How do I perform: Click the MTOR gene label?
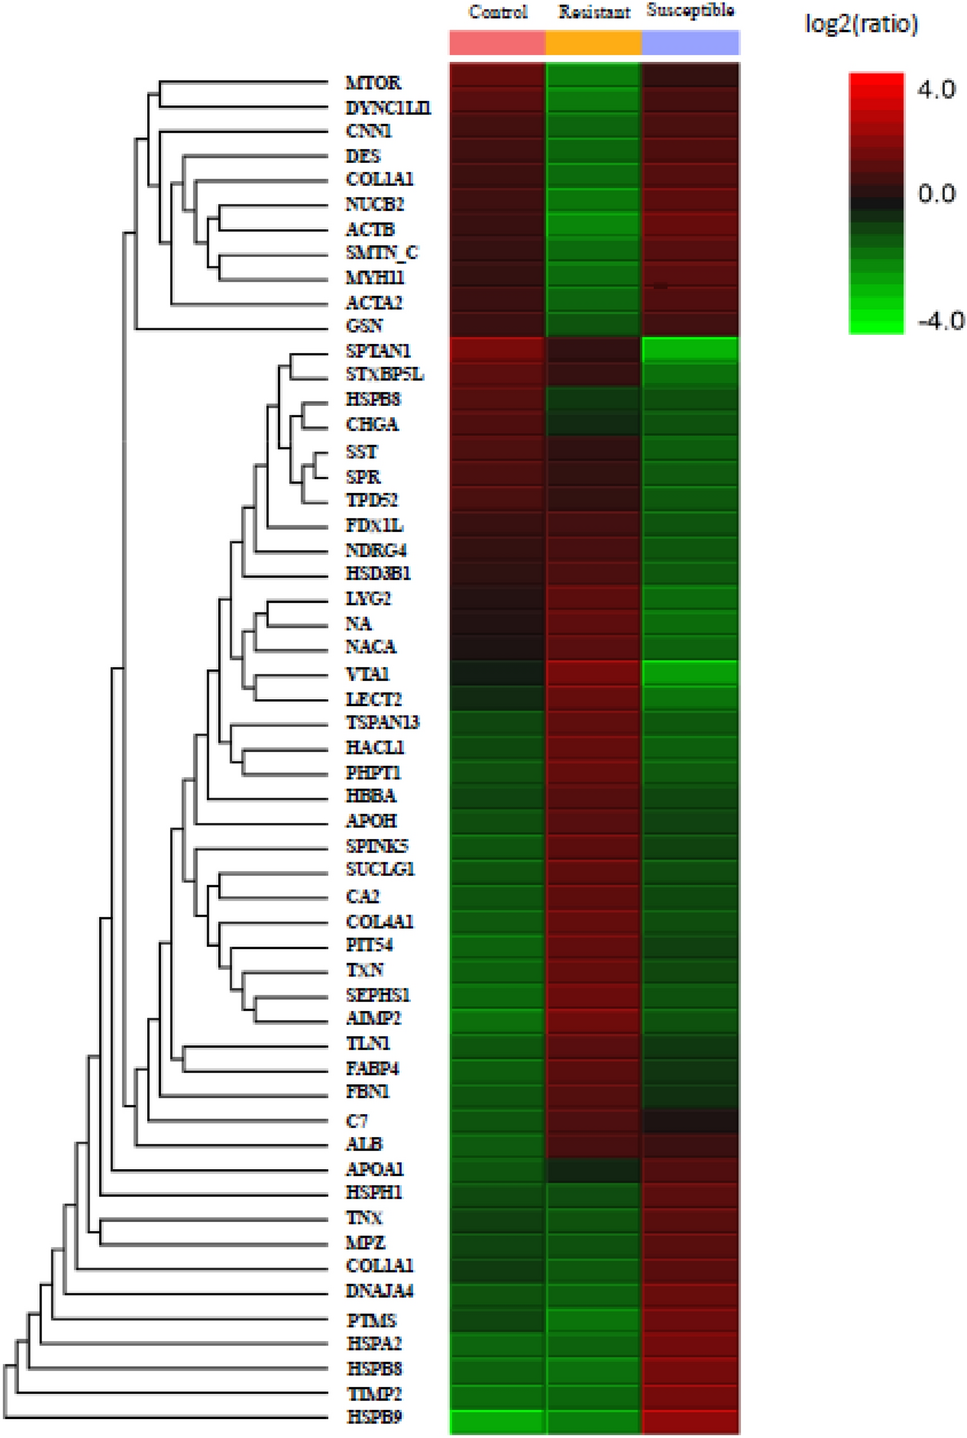pyautogui.click(x=373, y=83)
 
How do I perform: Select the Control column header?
pyautogui.click(x=497, y=13)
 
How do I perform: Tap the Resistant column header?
pyautogui.click(x=594, y=13)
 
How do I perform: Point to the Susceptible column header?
pyautogui.click(x=690, y=11)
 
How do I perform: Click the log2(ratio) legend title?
pyautogui.click(x=861, y=24)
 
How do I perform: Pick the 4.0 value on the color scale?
pyautogui.click(x=936, y=90)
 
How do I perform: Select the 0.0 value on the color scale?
pyautogui.click(x=936, y=194)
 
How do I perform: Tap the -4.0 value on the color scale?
pyautogui.click(x=940, y=321)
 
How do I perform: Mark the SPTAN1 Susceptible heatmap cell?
pyautogui.click(x=690, y=350)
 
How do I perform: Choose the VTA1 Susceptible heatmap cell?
pyautogui.click(x=690, y=673)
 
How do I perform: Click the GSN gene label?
pyautogui.click(x=364, y=326)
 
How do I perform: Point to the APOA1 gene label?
pyautogui.click(x=374, y=1168)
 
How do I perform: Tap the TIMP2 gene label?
pyautogui.click(x=374, y=1393)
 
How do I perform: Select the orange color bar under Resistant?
pyautogui.click(x=594, y=43)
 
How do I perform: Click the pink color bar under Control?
pyautogui.click(x=497, y=43)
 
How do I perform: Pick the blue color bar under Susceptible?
pyautogui.click(x=690, y=43)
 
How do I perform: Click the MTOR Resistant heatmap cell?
pyautogui.click(x=594, y=77)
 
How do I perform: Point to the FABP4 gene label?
pyautogui.click(x=372, y=1068)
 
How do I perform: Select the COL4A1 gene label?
pyautogui.click(x=379, y=921)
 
